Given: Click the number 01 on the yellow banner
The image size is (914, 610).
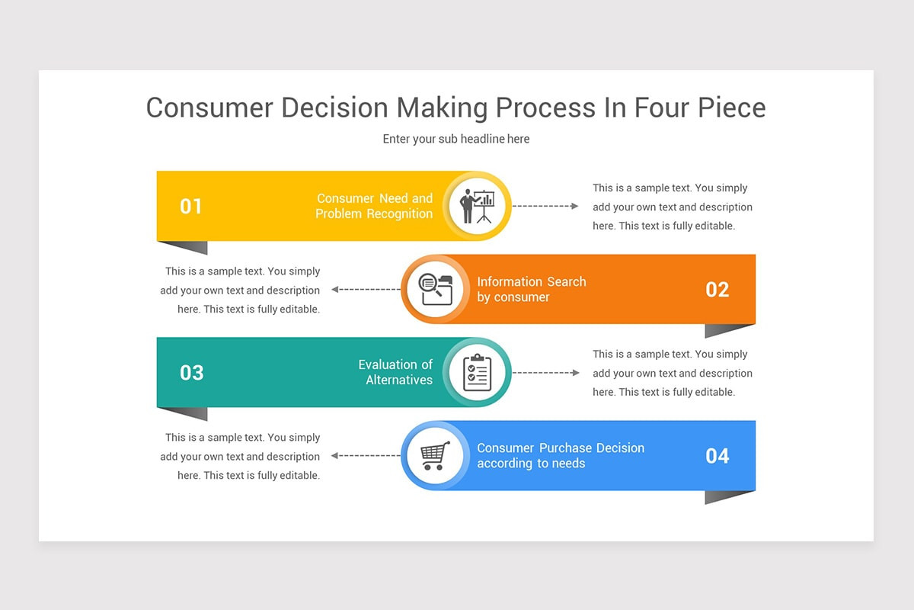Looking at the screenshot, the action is point(190,207).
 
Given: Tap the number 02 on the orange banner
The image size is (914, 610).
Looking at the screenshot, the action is point(717,290).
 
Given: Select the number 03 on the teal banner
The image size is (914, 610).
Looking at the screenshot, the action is point(191,373).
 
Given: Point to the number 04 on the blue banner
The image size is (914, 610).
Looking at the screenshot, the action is point(717,456).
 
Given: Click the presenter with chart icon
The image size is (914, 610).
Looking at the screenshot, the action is point(477,207).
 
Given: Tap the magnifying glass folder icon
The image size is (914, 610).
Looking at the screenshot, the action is point(436,290).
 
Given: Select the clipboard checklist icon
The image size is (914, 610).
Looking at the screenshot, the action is point(477,373).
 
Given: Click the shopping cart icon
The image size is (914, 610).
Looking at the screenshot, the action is point(436,455).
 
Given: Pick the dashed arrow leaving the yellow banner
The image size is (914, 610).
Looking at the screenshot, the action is point(545,206).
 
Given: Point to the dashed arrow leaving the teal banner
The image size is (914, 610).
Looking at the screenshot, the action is point(545,373).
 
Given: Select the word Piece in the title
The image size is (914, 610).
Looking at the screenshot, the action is point(732,108).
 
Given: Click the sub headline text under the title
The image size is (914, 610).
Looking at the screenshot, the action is point(456,140).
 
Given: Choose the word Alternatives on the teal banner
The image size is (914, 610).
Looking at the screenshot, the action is point(399,380).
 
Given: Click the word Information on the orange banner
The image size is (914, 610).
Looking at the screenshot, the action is point(510,282).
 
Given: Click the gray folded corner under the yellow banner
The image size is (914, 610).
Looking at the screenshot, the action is point(190,247).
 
